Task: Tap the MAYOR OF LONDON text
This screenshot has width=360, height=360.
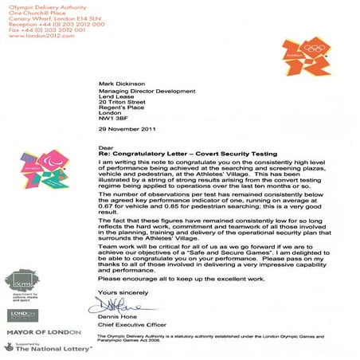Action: (40, 330)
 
